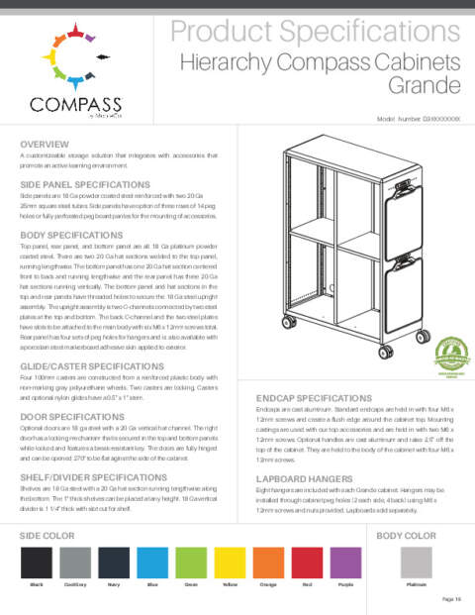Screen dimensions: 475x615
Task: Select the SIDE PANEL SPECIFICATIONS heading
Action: tap(85, 185)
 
